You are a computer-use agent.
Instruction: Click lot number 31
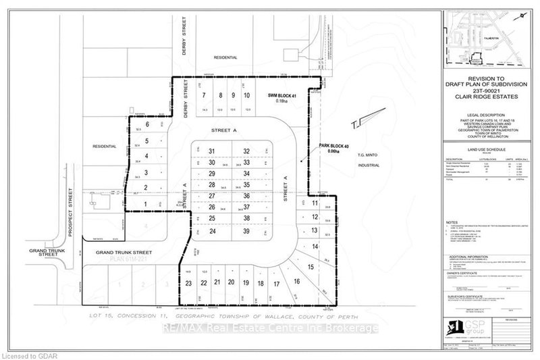pos(212,151)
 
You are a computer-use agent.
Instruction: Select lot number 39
pos(247,231)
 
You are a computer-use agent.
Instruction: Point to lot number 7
pos(203,95)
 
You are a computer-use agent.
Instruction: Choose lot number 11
pos(315,203)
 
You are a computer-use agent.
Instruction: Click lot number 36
pos(247,196)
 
